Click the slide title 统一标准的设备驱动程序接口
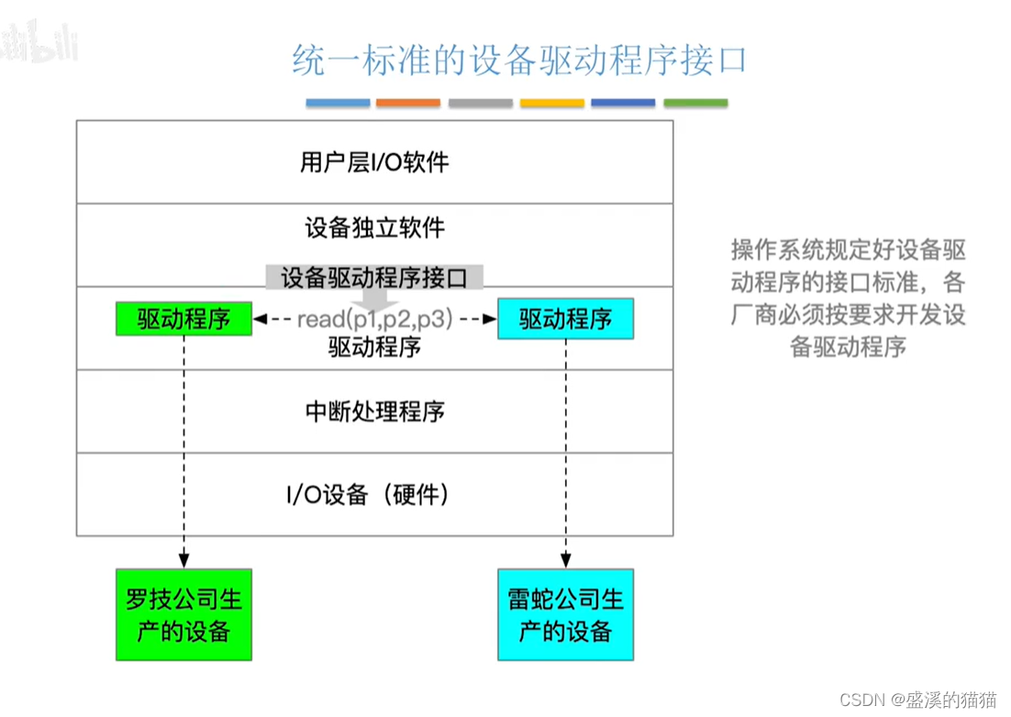tap(518, 61)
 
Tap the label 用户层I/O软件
tap(374, 163)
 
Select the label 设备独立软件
tap(374, 227)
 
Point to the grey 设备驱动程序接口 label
tap(374, 278)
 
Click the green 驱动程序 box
tap(183, 319)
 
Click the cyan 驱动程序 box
tap(565, 319)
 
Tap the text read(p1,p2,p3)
tap(374, 320)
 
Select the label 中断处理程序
tap(374, 411)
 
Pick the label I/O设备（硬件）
tap(374, 495)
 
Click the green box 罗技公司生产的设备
tap(183, 614)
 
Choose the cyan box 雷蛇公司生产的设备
tap(565, 614)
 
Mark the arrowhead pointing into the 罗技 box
tap(183, 559)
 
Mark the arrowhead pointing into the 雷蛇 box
tap(565, 559)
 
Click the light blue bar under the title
tap(338, 103)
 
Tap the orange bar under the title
tap(408, 103)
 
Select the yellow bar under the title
tap(552, 103)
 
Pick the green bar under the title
tap(695, 103)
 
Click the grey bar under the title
tap(481, 103)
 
